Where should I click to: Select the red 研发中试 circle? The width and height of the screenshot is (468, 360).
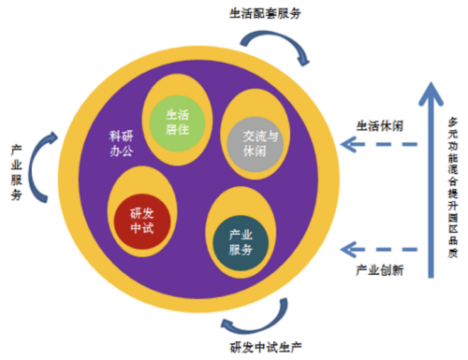[143, 222]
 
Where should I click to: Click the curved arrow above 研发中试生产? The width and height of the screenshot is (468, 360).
[254, 321]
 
